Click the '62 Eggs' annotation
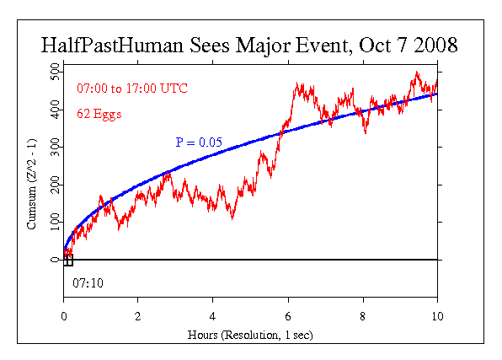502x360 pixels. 99,112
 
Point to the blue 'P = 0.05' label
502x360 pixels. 199,143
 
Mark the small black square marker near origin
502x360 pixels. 68,260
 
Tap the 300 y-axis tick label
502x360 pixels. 55,148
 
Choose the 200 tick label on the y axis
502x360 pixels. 55,185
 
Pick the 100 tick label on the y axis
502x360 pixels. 55,222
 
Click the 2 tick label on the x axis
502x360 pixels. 138,316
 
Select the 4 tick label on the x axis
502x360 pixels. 213,316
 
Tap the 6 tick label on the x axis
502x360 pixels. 288,316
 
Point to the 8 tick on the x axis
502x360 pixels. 362,316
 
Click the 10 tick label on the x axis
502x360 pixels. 436,316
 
